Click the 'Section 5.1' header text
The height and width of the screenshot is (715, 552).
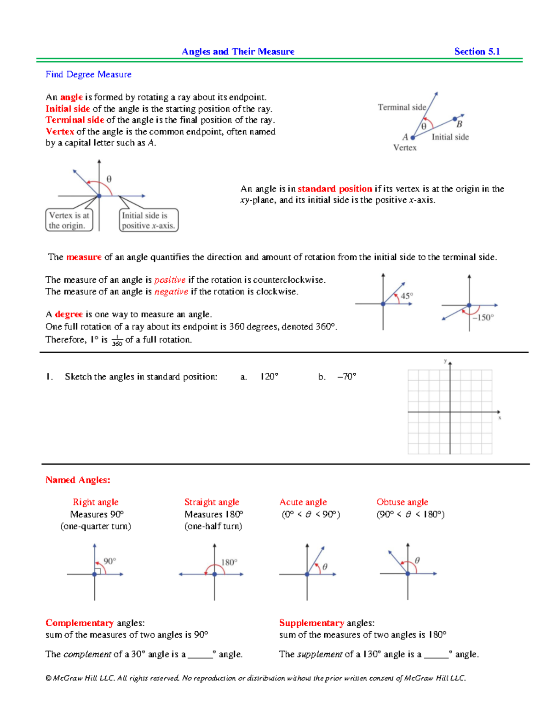[477, 52]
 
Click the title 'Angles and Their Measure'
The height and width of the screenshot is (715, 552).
[238, 52]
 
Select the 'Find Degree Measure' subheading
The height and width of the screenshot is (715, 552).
[88, 74]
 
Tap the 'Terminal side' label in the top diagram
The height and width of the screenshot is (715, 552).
[402, 107]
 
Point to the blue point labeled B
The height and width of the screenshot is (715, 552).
[455, 119]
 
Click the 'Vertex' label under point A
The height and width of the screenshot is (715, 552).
[405, 147]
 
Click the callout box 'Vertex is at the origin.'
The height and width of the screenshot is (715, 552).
[69, 220]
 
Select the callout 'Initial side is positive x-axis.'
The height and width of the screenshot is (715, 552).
[148, 220]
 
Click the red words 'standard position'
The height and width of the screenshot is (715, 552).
[334, 189]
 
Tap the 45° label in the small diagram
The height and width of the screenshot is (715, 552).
[407, 296]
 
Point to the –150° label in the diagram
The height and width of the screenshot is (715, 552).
[483, 317]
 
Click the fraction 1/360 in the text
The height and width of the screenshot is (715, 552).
[117, 341]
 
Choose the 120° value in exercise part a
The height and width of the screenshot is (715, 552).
[269, 377]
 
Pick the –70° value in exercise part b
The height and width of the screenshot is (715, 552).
[347, 377]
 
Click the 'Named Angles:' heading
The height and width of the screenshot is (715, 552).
[78, 480]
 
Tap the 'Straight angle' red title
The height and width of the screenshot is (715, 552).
[212, 502]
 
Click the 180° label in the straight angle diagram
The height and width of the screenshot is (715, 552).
[229, 562]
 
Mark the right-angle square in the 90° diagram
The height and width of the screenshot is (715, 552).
[98, 571]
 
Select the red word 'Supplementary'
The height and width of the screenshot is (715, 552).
[311, 623]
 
